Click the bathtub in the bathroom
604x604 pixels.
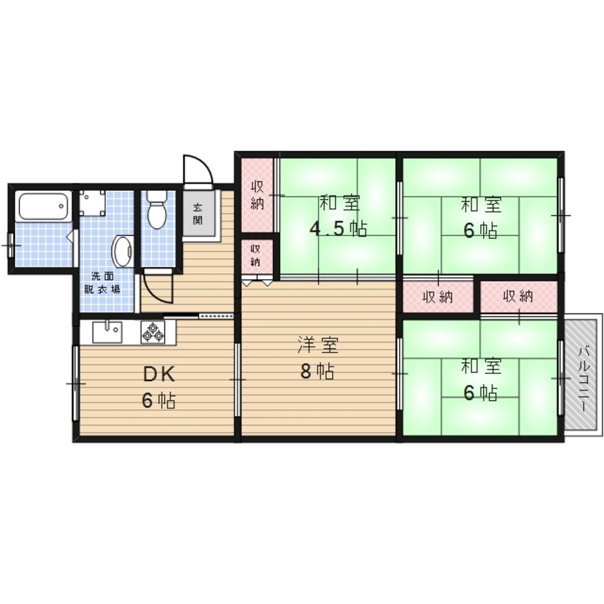click(43, 206)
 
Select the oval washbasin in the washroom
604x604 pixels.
click(123, 251)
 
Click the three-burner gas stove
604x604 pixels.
click(153, 332)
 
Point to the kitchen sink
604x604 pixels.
click(108, 332)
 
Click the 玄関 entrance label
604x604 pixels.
click(198, 214)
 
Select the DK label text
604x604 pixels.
click(159, 374)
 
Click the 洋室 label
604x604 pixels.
click(318, 345)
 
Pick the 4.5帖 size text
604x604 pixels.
click(339, 229)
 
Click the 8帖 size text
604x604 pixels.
click(317, 371)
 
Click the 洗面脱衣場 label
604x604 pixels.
click(102, 283)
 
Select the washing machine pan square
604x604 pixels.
click(92, 202)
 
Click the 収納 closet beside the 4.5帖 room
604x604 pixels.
click(257, 195)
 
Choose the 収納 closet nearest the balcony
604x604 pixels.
click(518, 297)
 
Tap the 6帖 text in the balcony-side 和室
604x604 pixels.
click(480, 393)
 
